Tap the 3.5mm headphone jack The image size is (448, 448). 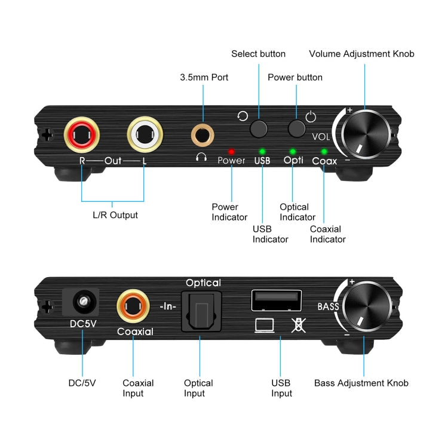coord(202,134)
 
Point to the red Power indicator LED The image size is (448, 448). coord(231,152)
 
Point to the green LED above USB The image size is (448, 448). coord(262,152)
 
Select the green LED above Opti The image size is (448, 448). coord(292,152)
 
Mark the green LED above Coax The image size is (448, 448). coord(324,152)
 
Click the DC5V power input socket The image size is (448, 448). coord(81,303)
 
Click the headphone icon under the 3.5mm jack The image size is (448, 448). coord(202,158)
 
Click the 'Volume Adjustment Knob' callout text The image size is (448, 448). coord(361,54)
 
